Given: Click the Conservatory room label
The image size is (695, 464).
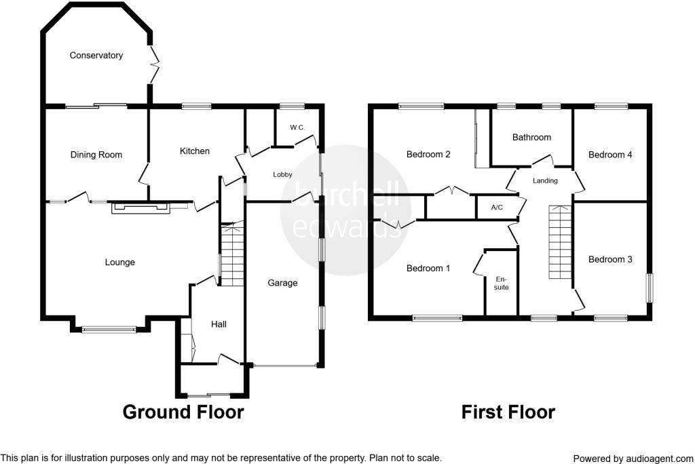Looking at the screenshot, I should [96, 56].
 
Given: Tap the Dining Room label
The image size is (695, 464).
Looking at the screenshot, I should [96, 155].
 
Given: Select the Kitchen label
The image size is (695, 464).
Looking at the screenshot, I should [195, 151].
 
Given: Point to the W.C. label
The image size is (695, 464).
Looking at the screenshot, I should [297, 128].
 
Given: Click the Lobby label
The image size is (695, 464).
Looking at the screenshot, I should [282, 174].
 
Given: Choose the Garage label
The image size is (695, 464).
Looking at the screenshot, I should [282, 283].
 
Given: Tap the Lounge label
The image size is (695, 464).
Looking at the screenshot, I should [119, 263].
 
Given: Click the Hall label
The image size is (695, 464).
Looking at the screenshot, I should [219, 324].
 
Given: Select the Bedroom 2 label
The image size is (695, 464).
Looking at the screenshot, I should [428, 155].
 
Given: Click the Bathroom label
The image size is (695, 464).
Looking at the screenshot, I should [531, 137].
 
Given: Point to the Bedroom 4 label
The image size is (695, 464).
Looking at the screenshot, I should [610, 155].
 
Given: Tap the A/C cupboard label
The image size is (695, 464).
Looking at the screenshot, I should [496, 208].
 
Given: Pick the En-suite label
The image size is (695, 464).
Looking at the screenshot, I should [502, 283].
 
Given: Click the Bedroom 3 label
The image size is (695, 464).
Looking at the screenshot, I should [610, 259].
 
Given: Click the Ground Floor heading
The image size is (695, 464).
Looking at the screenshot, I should [183, 412].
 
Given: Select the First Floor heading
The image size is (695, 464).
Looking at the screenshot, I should [508, 412].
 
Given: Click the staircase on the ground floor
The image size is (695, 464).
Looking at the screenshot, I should [232, 254].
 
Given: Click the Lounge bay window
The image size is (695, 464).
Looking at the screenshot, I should [109, 330].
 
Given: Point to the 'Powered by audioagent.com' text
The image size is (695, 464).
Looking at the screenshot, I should [633, 458].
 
